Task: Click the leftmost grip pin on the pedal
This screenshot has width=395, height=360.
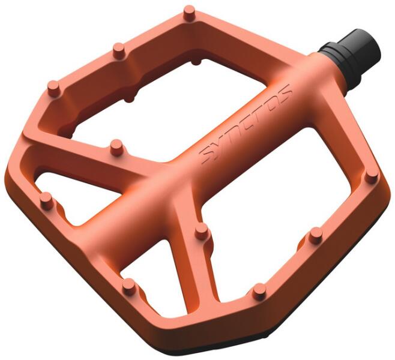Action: (x=47, y=200)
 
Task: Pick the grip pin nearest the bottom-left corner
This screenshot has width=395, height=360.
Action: (x=129, y=286)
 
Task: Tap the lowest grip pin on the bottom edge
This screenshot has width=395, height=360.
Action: (x=259, y=292)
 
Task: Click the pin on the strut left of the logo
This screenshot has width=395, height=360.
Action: (x=116, y=147)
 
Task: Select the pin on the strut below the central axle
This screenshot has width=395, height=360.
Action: (x=202, y=232)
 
